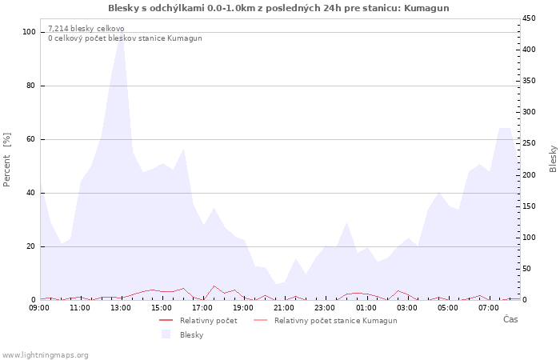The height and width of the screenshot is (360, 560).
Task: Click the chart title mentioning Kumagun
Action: [278, 8]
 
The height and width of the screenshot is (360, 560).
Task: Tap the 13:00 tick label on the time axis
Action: [121, 308]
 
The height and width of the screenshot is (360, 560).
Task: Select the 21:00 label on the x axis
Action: [284, 308]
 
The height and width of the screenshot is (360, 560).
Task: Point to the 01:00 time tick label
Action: [366, 308]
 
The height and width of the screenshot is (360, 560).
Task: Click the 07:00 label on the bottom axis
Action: [489, 308]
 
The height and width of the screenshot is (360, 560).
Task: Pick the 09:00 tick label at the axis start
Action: [39, 308]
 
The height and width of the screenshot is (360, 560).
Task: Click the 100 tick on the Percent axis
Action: [29, 32]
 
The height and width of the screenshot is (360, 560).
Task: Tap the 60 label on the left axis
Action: [30, 139]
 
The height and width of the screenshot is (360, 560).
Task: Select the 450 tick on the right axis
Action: [529, 18]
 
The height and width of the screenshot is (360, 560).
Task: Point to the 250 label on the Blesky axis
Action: [529, 143]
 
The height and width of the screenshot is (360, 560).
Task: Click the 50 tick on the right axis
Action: [526, 269]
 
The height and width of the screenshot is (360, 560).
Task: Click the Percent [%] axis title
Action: [6, 160]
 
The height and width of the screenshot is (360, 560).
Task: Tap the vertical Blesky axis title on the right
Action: [553, 159]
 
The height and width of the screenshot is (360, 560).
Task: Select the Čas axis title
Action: [510, 319]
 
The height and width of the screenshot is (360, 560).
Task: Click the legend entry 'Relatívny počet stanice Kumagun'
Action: [325, 321]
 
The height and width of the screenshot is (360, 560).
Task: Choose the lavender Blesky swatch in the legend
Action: [166, 334]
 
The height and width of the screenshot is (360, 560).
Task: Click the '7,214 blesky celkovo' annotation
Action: [86, 29]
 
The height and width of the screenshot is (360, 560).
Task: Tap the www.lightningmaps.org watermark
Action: [45, 355]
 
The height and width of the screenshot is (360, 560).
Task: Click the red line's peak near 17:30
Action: [214, 286]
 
